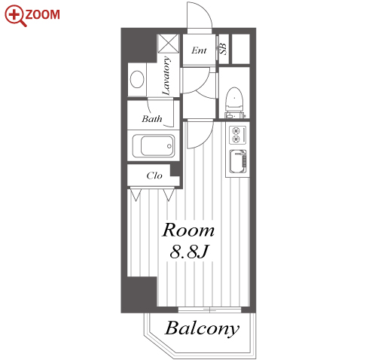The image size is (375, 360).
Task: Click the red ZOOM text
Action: pos(43,14)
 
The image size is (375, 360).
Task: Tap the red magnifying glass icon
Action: pos(15,16)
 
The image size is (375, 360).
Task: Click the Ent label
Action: pos(199,50)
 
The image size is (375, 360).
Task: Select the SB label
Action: pos(224,49)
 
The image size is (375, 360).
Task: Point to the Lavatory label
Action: pos(166,75)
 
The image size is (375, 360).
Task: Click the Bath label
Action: pos(152,119)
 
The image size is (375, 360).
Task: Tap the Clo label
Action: pos(154,175)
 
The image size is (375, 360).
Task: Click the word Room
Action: pos(188,230)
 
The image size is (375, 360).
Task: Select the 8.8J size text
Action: pos(189,252)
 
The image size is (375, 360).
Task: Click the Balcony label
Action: pos(202,328)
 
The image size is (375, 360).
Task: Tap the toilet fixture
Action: pos(235,102)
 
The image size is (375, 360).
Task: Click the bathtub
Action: pos(154,146)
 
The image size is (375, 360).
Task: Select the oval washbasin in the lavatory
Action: pos(137,79)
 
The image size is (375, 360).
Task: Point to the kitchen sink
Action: pos(238,161)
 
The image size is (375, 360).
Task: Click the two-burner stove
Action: pos(237,135)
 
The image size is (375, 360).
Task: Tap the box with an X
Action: pos(169,44)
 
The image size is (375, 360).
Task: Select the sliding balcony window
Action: pos(209,310)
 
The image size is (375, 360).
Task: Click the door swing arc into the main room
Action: pos(206,139)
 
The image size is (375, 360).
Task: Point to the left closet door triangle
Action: pos(136,195)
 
